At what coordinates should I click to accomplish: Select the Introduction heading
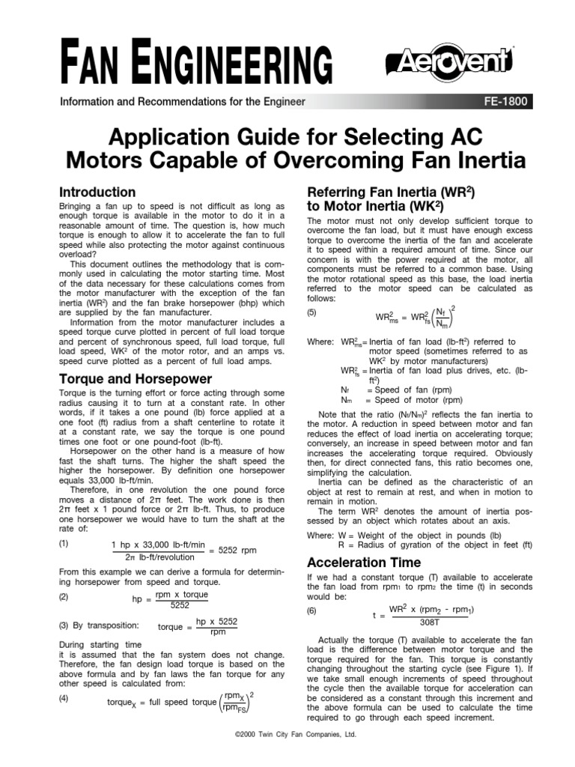(97, 192)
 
